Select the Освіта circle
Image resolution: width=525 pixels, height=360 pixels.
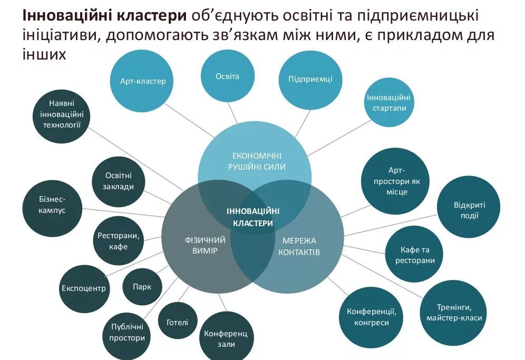pyautogui.click(x=227, y=76)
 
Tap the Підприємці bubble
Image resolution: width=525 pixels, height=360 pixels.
pyautogui.click(x=310, y=80)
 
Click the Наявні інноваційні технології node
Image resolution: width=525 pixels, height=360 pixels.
pyautogui.click(x=61, y=114)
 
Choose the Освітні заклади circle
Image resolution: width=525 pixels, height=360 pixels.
pyautogui.click(x=119, y=181)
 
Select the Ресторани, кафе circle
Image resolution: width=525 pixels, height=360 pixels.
pyautogui.click(x=119, y=241)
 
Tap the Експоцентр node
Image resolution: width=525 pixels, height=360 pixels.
pyautogui.click(x=84, y=288)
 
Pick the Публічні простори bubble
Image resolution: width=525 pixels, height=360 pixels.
pyautogui.click(x=127, y=332)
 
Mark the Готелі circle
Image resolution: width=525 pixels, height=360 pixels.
pyautogui.click(x=177, y=322)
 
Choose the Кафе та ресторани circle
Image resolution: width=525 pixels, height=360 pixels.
pyautogui.click(x=414, y=255)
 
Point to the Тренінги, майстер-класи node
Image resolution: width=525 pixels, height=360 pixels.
pyautogui.click(x=453, y=312)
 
